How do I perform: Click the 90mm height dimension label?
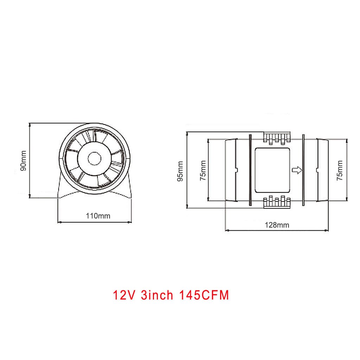23,161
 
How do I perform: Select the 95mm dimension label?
180,171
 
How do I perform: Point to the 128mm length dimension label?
277,225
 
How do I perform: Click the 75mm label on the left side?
203,171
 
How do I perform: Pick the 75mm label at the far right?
340,171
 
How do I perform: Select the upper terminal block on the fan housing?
277,138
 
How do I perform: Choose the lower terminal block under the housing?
277,203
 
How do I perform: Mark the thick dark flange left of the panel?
250,171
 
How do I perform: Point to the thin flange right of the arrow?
302,171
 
